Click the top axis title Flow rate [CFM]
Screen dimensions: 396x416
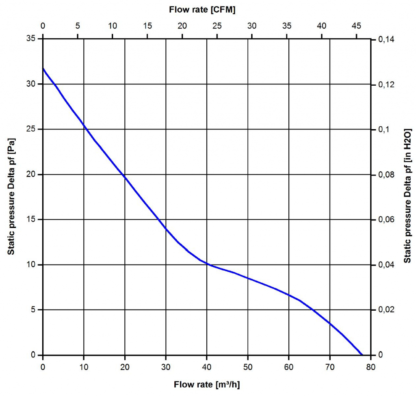point(202,10)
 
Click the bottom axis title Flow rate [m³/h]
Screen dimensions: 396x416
point(210,384)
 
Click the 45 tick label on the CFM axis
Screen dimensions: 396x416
point(356,26)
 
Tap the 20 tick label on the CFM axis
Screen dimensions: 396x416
point(182,26)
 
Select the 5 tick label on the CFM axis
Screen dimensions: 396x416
point(78,26)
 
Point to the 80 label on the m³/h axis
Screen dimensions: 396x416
point(370,367)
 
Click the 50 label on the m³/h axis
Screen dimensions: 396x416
point(248,367)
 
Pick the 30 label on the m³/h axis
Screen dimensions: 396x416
point(166,367)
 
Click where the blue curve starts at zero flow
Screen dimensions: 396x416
point(43,68)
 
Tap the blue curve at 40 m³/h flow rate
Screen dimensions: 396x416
point(207,264)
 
